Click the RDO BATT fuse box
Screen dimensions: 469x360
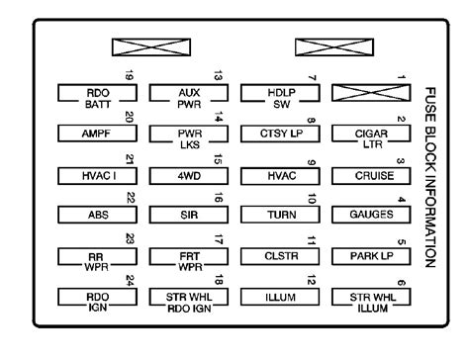tap(97, 93)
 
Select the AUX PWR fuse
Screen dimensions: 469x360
tap(189, 93)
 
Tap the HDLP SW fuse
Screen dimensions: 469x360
tap(280, 93)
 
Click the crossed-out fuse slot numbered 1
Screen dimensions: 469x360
tap(371, 93)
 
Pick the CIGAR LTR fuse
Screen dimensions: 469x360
tap(371, 134)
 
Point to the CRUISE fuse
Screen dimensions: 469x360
tap(371, 176)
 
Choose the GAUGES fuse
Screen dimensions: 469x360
tap(371, 215)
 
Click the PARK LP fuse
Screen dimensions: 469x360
tap(371, 256)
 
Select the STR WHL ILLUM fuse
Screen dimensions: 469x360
tap(371, 297)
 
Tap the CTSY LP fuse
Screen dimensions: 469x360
tap(280, 134)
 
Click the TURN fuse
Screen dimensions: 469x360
tap(280, 215)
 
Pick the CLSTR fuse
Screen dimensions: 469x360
tap(280, 256)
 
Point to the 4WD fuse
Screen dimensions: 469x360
tap(189, 176)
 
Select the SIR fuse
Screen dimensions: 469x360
tap(189, 215)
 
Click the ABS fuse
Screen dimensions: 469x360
tap(97, 215)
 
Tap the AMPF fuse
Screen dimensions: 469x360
tap(97, 134)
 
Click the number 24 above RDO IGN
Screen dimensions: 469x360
tap(130, 281)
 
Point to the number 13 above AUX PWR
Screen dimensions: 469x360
tap(219, 76)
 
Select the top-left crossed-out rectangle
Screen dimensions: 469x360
tap(151, 47)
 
